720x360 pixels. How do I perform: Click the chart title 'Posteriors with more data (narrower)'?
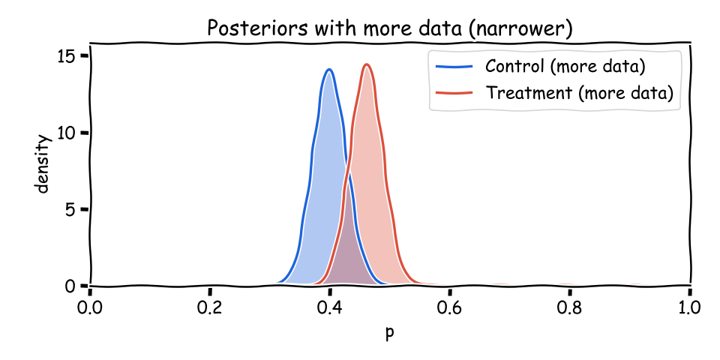pyautogui.click(x=389, y=28)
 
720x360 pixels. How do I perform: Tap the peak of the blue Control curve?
pyautogui.click(x=329, y=70)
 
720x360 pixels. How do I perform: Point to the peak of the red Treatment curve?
pyautogui.click(x=367, y=64)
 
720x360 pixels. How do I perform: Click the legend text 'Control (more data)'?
pyautogui.click(x=565, y=66)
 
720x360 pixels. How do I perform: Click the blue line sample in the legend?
pyautogui.click(x=454, y=67)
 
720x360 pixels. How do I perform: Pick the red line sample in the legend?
pyautogui.click(x=454, y=93)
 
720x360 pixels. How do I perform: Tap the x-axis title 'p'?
pyautogui.click(x=389, y=332)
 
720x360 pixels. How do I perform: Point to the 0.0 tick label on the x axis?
pyautogui.click(x=90, y=307)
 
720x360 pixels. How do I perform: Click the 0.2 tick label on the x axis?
pyautogui.click(x=210, y=307)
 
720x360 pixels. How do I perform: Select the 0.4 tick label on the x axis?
pyautogui.click(x=330, y=307)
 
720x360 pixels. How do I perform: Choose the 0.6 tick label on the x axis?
pyautogui.click(x=450, y=307)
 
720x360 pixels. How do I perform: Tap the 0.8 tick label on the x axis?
pyautogui.click(x=570, y=307)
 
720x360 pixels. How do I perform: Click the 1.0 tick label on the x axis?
pyautogui.click(x=689, y=307)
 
